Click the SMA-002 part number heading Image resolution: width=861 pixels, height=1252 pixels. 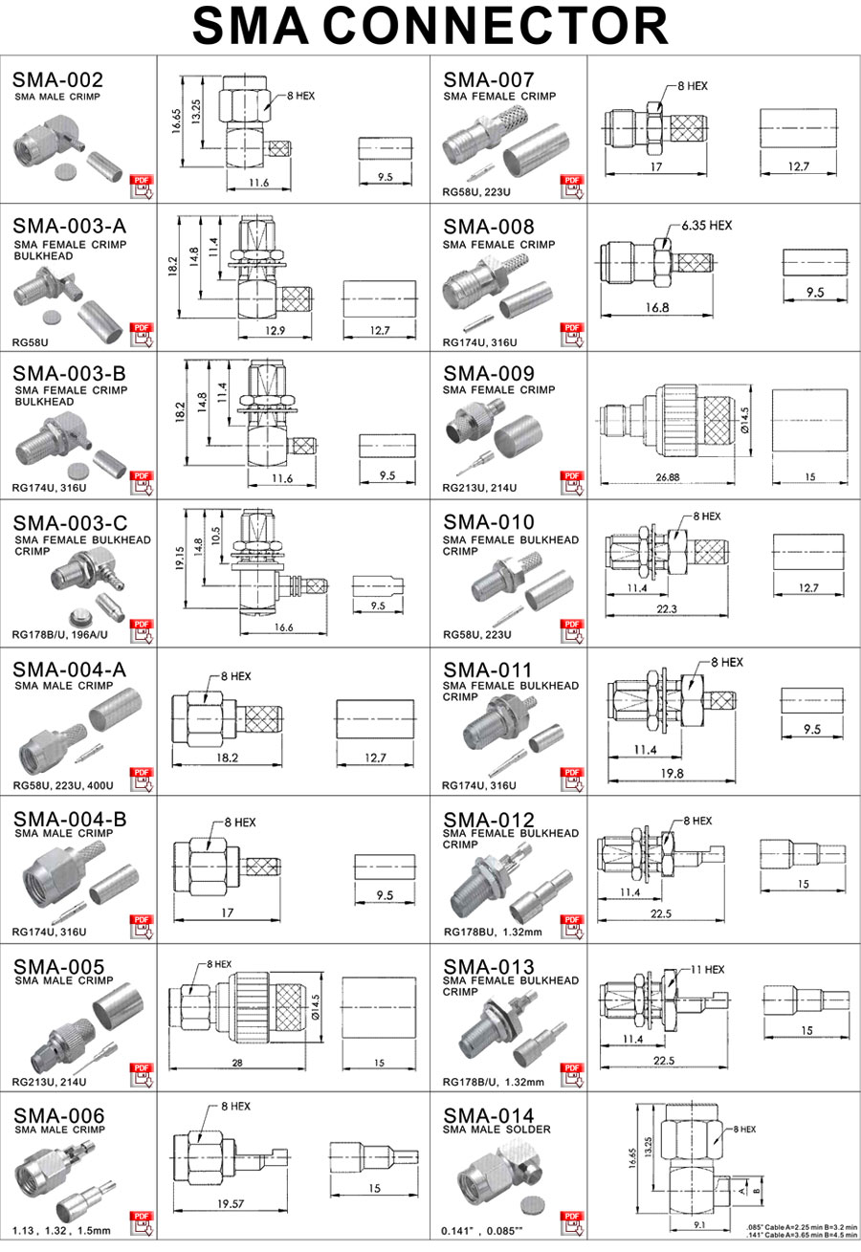point(57,80)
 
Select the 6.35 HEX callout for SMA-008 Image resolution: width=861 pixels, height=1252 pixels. point(706,226)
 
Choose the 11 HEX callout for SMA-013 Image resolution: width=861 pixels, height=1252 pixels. point(707,969)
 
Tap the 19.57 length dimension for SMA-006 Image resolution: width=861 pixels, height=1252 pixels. point(226,1204)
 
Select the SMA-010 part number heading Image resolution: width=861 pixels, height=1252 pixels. point(489,523)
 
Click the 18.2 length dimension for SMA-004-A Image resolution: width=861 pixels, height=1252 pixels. point(227,758)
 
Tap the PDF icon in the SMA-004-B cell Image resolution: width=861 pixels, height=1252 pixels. point(143,926)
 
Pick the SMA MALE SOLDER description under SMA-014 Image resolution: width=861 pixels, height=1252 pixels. point(497,1130)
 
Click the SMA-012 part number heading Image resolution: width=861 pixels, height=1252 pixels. point(489,820)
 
